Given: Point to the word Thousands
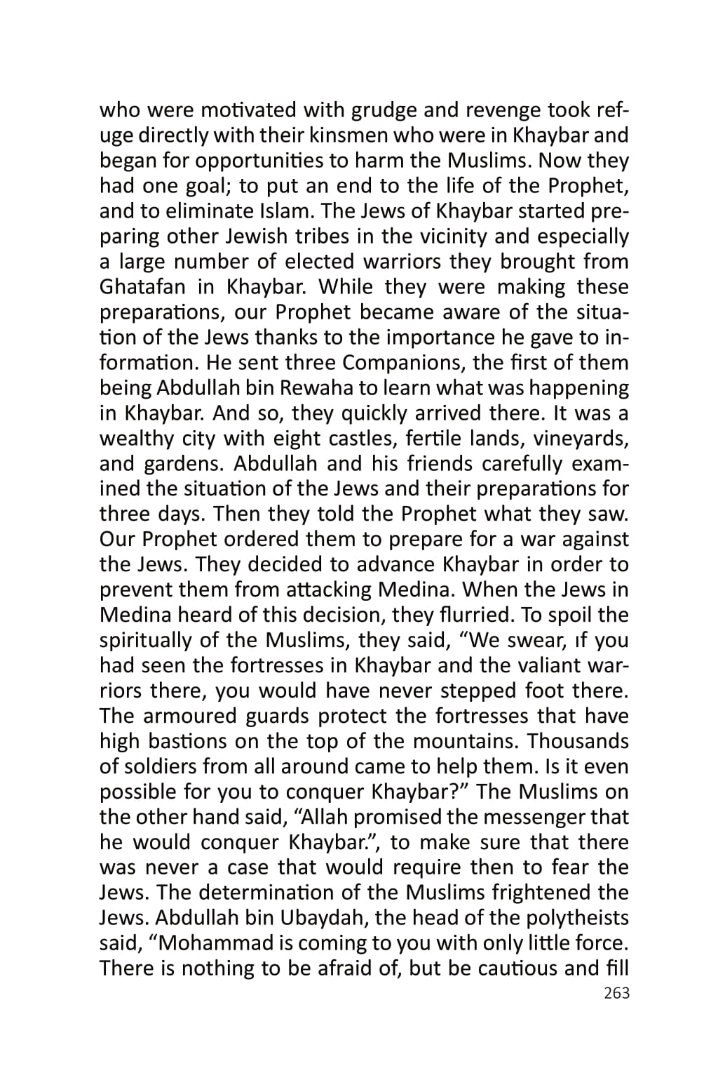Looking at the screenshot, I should coord(578,742).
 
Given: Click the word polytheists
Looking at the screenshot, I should coord(572,919).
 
